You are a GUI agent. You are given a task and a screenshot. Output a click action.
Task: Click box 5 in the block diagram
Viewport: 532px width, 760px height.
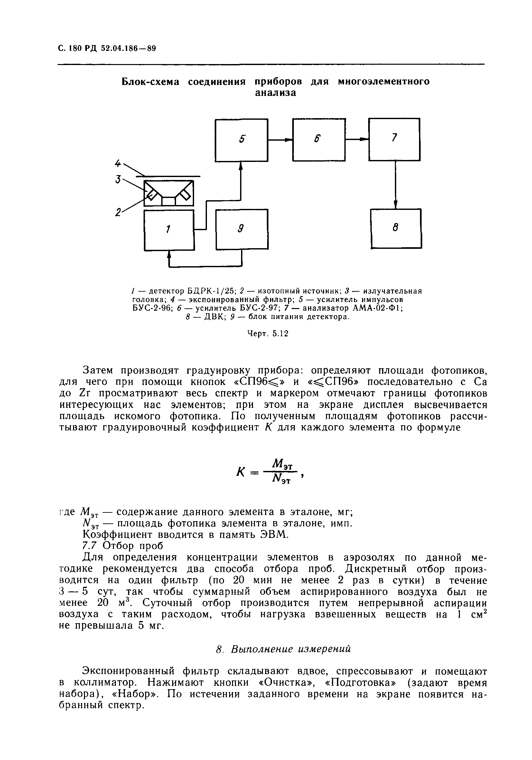coord(241,140)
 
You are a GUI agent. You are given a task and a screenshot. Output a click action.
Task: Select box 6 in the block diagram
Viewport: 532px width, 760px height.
coord(319,140)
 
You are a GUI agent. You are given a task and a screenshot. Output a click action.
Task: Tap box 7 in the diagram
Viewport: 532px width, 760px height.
coord(394,139)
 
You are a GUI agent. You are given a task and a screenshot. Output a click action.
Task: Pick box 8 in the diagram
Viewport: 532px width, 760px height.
coord(396,229)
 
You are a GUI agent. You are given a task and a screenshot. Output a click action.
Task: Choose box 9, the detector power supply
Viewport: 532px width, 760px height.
coord(242,229)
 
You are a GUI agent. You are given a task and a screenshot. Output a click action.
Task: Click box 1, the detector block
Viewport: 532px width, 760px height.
coord(169,230)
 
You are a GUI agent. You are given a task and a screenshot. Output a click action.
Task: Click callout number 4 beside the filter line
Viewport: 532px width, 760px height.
coord(118,163)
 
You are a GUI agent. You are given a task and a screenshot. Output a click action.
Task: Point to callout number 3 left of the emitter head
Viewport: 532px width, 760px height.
coord(118,179)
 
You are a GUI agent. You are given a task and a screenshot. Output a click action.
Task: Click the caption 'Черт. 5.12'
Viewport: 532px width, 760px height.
coord(268,334)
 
